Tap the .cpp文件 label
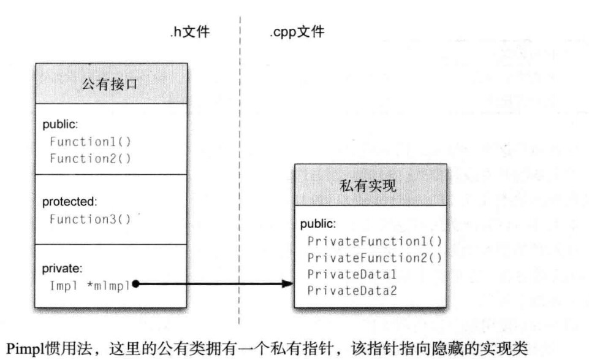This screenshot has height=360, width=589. (x=297, y=32)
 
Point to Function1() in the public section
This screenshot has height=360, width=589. (x=91, y=141)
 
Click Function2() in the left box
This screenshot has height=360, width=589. (x=91, y=158)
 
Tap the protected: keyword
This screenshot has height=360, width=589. (x=69, y=201)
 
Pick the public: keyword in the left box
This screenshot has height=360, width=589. (x=60, y=124)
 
